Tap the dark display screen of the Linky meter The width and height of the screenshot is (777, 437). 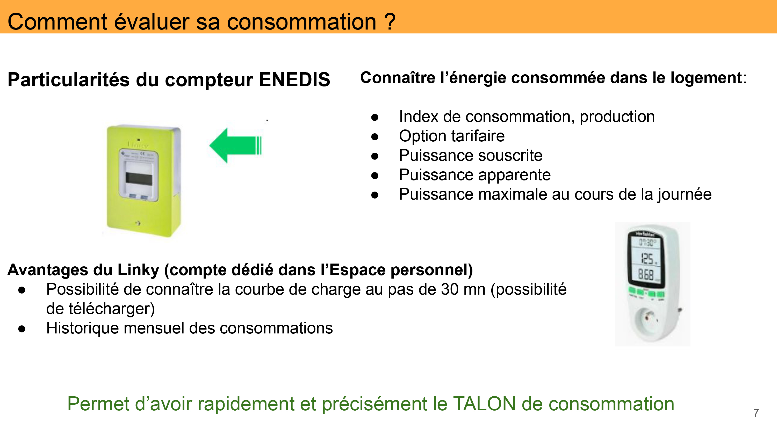pos(139,179)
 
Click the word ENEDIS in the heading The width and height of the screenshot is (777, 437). pos(294,80)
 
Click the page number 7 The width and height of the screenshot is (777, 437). pos(756,413)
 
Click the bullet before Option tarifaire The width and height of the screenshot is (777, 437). pos(375,137)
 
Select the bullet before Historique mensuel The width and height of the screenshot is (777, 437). pos(22,329)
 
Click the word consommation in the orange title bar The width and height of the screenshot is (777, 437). pos(301,22)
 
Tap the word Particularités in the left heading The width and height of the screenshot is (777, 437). pos(68,80)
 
